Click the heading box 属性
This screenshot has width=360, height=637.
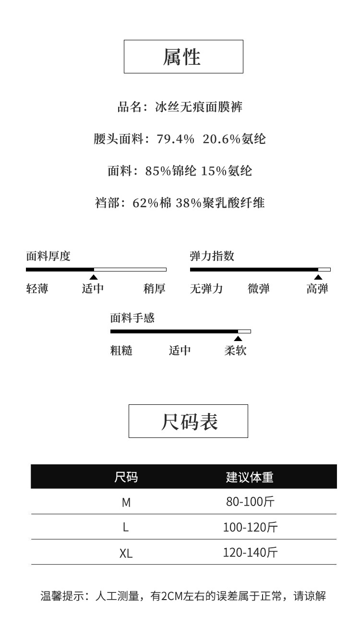pyautogui.click(x=183, y=57)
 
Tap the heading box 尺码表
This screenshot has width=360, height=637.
pyautogui.click(x=188, y=421)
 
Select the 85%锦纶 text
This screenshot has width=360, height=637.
pyautogui.click(x=171, y=171)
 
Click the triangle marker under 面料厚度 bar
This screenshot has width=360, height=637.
pyautogui.click(x=94, y=277)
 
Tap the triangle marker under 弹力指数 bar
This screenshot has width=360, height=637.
pyautogui.click(x=318, y=277)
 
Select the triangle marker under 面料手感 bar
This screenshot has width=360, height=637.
pyautogui.click(x=238, y=339)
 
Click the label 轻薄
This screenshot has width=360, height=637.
pyautogui.click(x=37, y=289)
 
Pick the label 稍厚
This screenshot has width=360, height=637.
pyautogui.click(x=154, y=289)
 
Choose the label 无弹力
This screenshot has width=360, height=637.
pyautogui.click(x=206, y=289)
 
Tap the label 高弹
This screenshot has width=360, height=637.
pyautogui.click(x=317, y=289)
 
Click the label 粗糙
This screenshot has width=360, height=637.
pyautogui.click(x=121, y=351)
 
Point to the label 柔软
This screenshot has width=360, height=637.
pyautogui.click(x=235, y=351)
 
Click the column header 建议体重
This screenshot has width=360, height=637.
pyautogui.click(x=250, y=477)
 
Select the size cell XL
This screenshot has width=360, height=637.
pyautogui.click(x=126, y=553)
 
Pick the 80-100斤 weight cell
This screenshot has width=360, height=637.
pyautogui.click(x=250, y=502)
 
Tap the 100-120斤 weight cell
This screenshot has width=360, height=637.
pyautogui.click(x=250, y=527)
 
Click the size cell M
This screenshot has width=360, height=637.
pyautogui.click(x=126, y=502)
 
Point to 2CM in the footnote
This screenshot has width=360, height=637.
pyautogui.click(x=171, y=596)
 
